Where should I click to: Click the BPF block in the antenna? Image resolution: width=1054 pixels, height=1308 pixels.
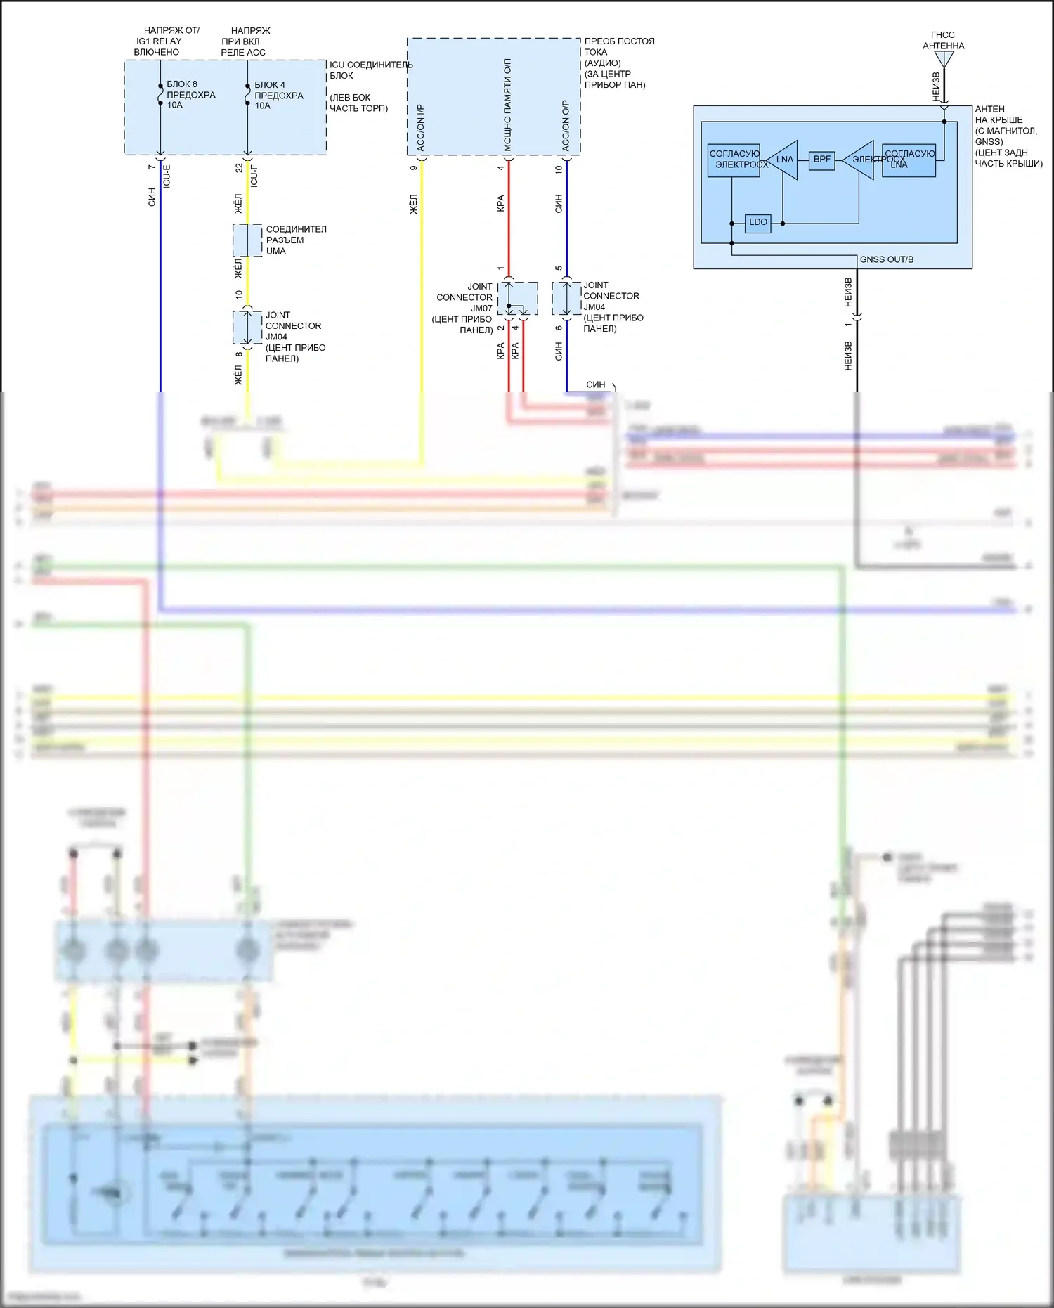coord(821,160)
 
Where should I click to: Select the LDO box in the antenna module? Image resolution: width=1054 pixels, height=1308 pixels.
coord(758,223)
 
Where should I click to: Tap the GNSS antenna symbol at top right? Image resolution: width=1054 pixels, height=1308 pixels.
coord(944,59)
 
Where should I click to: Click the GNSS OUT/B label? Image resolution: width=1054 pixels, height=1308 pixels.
coord(886,259)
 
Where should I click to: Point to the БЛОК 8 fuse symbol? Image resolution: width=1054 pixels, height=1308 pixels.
coord(161,94)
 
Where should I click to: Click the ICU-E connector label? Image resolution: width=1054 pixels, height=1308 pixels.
coord(167,176)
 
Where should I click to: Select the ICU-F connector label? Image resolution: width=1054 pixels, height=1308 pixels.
coord(254,176)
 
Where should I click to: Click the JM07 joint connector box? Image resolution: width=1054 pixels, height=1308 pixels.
coord(518,299)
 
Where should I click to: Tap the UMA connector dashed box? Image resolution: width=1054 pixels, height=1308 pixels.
coord(247,240)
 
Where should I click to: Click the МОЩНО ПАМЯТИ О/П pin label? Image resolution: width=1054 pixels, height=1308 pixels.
coord(508,105)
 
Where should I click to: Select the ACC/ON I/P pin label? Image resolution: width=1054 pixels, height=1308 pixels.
coord(421,128)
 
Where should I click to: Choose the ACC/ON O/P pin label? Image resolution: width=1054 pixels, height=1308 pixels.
coord(566,126)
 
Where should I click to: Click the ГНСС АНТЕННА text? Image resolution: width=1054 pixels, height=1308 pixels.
coord(943,40)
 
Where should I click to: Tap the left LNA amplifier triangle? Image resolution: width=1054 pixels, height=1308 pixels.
coord(783,160)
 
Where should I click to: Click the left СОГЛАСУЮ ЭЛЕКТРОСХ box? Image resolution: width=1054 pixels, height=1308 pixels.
coord(734,160)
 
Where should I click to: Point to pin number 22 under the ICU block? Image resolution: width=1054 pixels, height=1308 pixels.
coord(240,168)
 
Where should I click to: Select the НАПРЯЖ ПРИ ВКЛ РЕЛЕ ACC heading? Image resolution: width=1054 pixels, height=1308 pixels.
coord(244,41)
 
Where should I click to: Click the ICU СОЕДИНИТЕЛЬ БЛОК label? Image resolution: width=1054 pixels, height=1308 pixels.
coord(370,70)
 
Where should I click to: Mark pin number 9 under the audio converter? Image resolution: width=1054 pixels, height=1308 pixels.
coord(414,168)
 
